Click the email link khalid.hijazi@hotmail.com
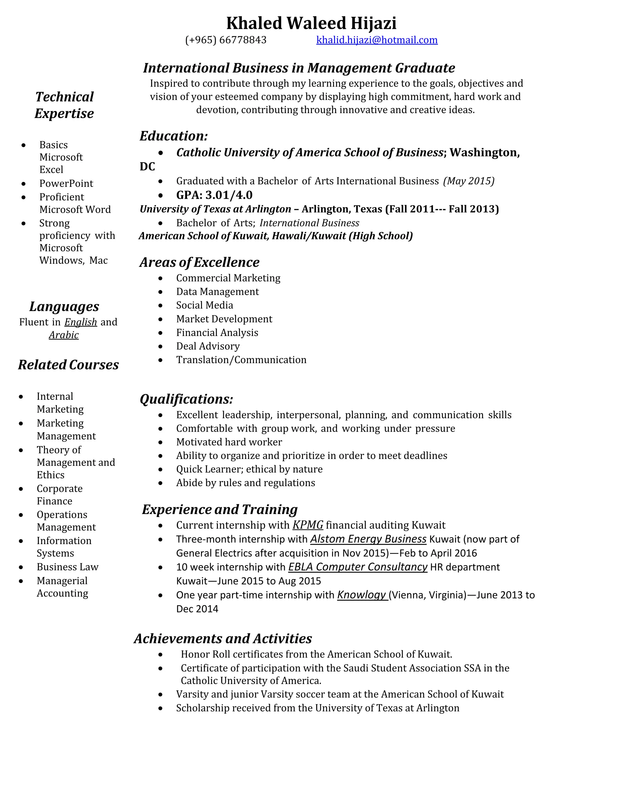[x=377, y=40]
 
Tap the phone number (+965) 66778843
[x=225, y=40]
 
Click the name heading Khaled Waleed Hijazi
[x=311, y=23]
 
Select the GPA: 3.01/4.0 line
[x=214, y=195]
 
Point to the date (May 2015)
[x=469, y=181]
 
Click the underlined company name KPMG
[x=308, y=525]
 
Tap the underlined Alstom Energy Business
[x=368, y=539]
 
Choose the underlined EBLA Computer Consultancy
[x=358, y=567]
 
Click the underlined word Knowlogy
[x=362, y=595]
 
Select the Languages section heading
[x=64, y=306]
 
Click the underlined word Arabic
[x=64, y=335]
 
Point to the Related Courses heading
[x=68, y=365]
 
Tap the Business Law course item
[x=68, y=567]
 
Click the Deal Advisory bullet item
[x=208, y=346]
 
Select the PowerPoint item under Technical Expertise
[x=66, y=183]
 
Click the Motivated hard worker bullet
[x=229, y=442]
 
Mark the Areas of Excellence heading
[x=199, y=262]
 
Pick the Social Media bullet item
[x=204, y=305]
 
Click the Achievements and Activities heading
[x=223, y=638]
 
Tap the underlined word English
[x=80, y=322]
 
